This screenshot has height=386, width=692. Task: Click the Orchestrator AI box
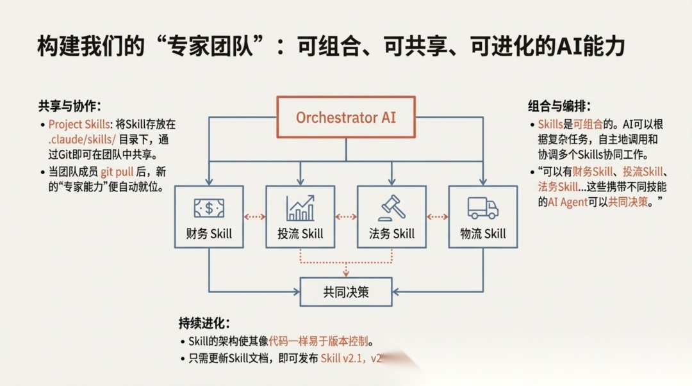(x=346, y=117)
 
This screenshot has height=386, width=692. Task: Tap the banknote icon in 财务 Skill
(x=209, y=208)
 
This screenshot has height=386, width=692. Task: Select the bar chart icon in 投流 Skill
(x=300, y=208)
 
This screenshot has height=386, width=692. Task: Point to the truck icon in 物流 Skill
(x=482, y=207)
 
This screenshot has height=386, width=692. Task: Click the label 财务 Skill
(x=209, y=234)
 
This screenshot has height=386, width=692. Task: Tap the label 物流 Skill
(x=482, y=234)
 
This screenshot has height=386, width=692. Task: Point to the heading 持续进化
(x=204, y=323)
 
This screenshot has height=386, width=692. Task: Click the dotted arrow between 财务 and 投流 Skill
(x=254, y=216)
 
